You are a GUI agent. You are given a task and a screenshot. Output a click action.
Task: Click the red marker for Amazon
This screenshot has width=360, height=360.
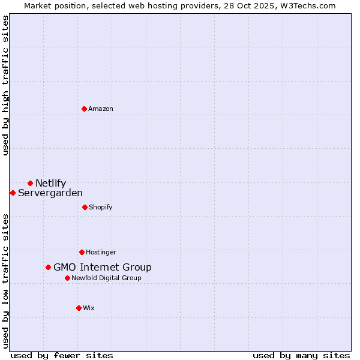pyautogui.click(x=85, y=109)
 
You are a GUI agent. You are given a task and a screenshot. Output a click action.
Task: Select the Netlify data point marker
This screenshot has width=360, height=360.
pyautogui.click(x=30, y=183)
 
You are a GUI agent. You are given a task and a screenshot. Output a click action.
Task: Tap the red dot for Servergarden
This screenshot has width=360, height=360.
pyautogui.click(x=13, y=193)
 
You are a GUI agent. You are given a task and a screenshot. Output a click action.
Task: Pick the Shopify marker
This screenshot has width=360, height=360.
pyautogui.click(x=85, y=207)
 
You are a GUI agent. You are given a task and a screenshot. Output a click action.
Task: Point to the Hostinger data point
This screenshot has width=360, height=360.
pyautogui.click(x=82, y=252)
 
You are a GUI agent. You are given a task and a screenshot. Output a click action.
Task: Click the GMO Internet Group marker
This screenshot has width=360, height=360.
pyautogui.click(x=48, y=267)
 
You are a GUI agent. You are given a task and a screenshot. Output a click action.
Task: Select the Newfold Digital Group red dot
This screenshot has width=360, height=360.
pyautogui.click(x=67, y=278)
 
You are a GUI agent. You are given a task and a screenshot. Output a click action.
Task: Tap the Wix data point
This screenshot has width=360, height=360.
pyautogui.click(x=79, y=308)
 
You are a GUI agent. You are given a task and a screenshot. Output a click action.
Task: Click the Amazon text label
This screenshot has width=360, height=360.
pyautogui.click(x=101, y=109)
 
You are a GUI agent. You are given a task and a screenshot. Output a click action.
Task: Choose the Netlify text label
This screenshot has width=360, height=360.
pyautogui.click(x=50, y=183)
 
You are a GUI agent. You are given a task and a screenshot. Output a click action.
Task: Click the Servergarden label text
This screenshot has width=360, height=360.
pyautogui.click(x=50, y=193)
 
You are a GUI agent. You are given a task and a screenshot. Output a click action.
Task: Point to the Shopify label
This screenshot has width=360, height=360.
pyautogui.click(x=101, y=207)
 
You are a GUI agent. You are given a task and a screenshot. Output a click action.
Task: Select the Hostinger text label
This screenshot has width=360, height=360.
pyautogui.click(x=101, y=252)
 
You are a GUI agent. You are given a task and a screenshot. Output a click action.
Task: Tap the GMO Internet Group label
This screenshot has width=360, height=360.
pyautogui.click(x=103, y=267)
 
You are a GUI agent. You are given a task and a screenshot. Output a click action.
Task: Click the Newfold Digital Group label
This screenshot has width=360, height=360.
pyautogui.click(x=106, y=278)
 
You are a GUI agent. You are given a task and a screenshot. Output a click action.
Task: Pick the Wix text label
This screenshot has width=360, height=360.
pyautogui.click(x=89, y=308)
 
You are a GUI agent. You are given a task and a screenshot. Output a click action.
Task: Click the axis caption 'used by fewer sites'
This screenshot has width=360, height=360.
pyautogui.click(x=62, y=355)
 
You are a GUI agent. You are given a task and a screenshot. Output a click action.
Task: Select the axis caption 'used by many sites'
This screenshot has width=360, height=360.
pyautogui.click(x=301, y=355)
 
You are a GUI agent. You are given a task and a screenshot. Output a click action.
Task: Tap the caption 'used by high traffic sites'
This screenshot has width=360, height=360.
pyautogui.click(x=5, y=85)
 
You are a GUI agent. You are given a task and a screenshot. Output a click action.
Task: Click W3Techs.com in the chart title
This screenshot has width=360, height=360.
pyautogui.click(x=305, y=5)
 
